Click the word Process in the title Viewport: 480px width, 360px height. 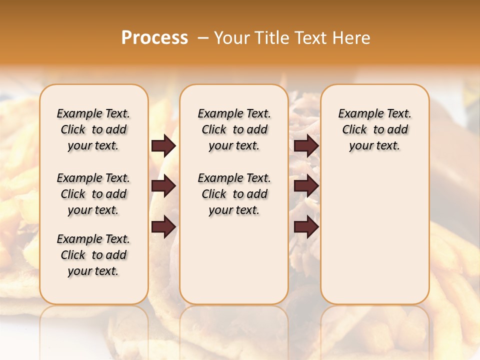click(154, 38)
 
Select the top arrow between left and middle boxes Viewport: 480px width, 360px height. click(163, 146)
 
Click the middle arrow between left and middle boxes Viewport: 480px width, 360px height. click(163, 186)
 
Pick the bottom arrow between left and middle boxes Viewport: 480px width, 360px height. click(163, 227)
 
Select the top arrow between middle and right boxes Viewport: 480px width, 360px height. click(306, 146)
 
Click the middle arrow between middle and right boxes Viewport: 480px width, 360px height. click(306, 186)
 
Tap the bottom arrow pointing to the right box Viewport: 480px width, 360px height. click(306, 227)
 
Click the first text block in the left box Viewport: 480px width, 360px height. click(93, 129)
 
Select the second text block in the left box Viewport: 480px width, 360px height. click(93, 194)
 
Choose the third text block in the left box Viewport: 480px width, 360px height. click(93, 255)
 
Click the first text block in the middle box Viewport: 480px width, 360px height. click(234, 129)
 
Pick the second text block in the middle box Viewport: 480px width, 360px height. click(234, 194)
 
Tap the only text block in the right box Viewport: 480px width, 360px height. click(374, 129)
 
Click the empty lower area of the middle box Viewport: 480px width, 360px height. click(234, 260)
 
